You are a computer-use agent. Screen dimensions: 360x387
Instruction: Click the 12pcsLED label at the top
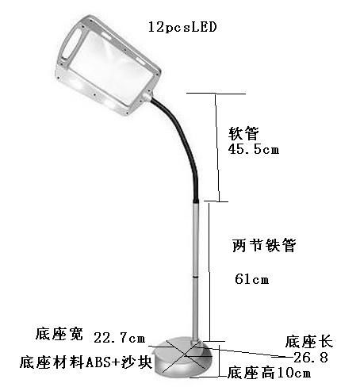coord(182,27)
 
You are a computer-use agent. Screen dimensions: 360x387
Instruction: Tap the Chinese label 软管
coord(243,133)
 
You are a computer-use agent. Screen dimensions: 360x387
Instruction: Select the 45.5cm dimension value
coord(254,149)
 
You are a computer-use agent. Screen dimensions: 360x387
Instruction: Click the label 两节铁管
coord(264,245)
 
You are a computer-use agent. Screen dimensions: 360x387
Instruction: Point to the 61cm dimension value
coord(252,279)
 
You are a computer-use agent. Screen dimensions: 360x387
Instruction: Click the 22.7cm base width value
coord(120,338)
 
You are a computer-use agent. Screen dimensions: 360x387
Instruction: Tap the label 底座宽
coord(59,334)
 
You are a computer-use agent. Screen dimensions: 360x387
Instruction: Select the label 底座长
coord(308,342)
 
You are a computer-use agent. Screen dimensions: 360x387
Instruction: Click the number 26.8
coord(311,358)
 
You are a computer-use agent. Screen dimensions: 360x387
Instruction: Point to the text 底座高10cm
coord(269,373)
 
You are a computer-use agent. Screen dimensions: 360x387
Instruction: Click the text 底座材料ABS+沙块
coord(86,362)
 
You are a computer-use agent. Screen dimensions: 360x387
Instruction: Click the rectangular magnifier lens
coord(111,66)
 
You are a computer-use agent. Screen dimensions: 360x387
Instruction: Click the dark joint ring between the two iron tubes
coord(195,277)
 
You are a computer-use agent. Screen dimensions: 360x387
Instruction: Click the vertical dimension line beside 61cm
coord(209,271)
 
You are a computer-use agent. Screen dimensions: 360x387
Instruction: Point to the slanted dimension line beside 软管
coord(217,148)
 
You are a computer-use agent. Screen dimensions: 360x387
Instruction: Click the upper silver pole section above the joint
coord(195,239)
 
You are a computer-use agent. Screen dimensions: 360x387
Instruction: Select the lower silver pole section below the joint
coord(195,309)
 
